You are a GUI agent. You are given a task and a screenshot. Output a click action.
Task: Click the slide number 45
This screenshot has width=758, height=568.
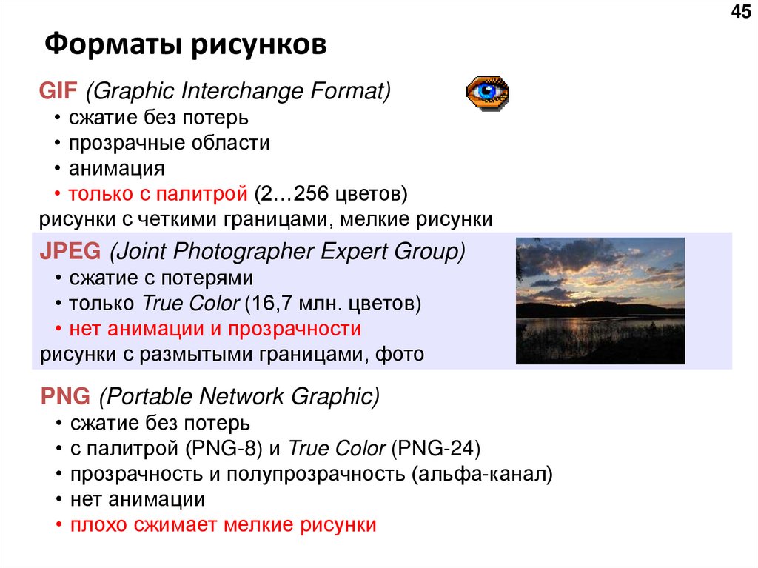pos(740,12)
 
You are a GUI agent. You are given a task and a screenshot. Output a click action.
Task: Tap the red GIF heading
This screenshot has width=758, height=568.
pos(58,92)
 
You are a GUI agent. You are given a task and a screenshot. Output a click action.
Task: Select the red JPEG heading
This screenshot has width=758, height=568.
pos(70,252)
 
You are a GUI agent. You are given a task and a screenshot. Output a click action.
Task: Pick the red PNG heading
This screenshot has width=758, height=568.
pos(64,397)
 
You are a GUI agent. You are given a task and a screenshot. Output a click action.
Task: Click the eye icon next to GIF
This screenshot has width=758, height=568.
pos(486,93)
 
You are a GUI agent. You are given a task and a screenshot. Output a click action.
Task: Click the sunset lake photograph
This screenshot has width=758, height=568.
pos(600,301)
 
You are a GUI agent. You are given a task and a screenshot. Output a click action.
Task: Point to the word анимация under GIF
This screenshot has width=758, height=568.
pos(117,168)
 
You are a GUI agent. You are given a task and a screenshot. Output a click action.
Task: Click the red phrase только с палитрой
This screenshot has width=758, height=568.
pos(158,194)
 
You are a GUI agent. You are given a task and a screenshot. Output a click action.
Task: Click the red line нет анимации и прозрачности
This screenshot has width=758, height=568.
pos(215,329)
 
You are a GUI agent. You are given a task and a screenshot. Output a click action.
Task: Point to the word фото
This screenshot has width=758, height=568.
pos(400,354)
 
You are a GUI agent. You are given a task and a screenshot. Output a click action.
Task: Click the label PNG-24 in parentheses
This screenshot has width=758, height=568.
pos(437,449)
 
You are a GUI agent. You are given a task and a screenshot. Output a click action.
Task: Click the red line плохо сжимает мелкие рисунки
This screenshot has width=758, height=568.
pos(223,525)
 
